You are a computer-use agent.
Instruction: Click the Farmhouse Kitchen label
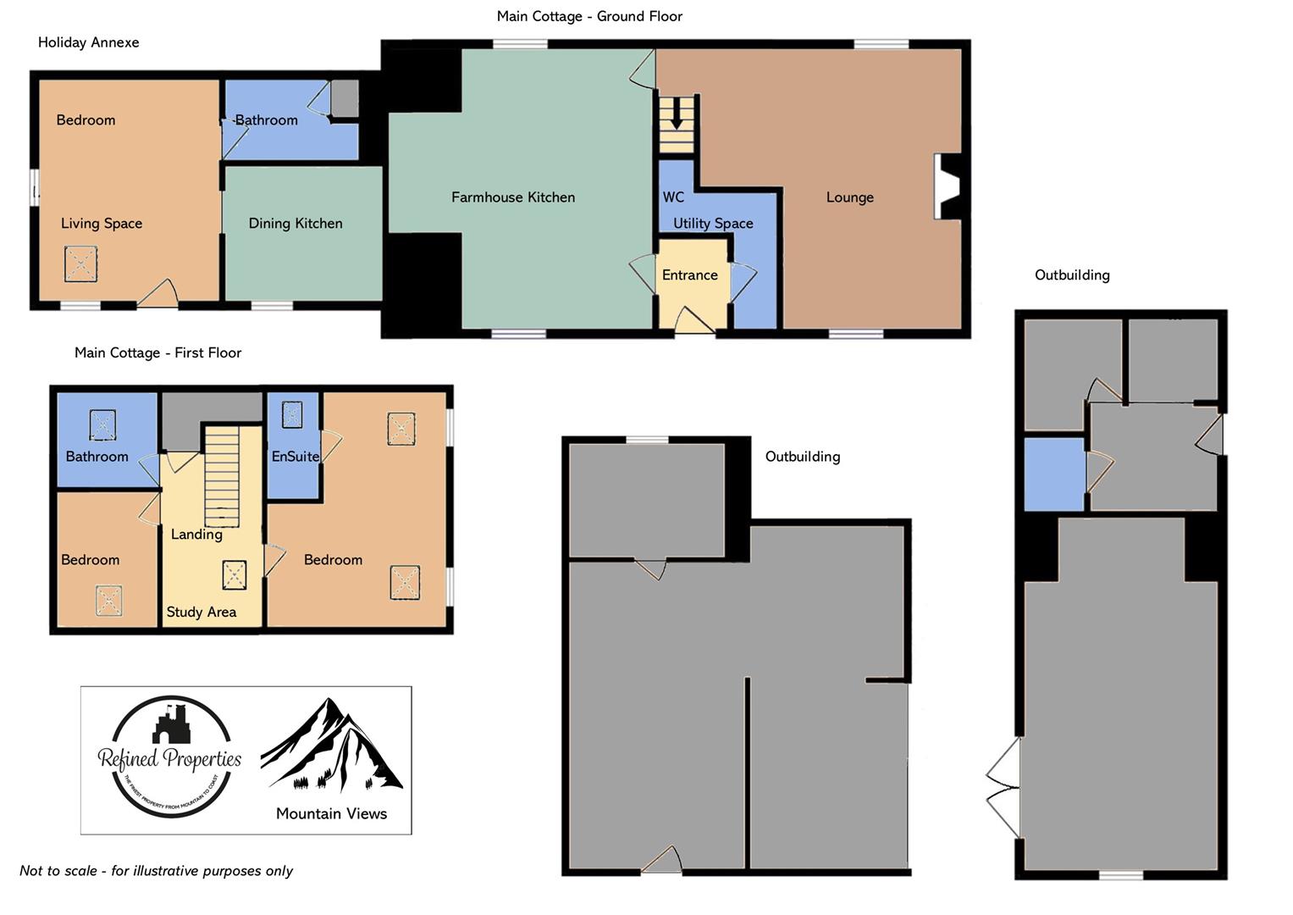click(x=512, y=197)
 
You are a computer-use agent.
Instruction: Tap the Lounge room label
click(x=849, y=197)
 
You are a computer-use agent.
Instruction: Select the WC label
click(x=673, y=197)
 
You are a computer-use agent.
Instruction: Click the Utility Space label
click(x=713, y=224)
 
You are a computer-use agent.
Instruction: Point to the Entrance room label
click(x=689, y=275)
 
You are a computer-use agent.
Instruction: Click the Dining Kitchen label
click(x=296, y=224)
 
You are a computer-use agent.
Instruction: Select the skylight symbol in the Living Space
click(x=80, y=263)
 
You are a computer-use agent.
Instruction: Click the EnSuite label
click(x=295, y=457)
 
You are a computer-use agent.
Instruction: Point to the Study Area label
click(x=201, y=612)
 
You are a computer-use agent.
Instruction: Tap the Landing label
click(x=196, y=535)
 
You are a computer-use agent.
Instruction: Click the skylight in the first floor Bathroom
click(x=102, y=424)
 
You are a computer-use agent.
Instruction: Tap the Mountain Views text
click(x=331, y=813)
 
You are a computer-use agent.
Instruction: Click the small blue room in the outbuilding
click(x=1054, y=474)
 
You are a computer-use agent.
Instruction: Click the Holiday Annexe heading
click(x=88, y=42)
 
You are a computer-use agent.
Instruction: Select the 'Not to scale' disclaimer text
click(x=156, y=871)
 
